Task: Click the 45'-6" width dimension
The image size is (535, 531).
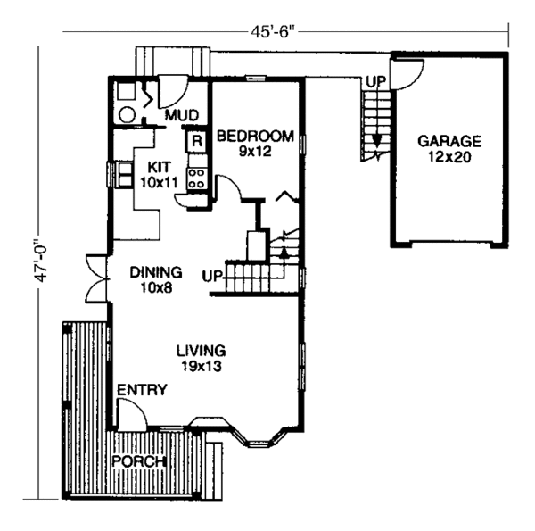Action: [x=274, y=32]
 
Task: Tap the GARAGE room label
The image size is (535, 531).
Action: [x=450, y=141]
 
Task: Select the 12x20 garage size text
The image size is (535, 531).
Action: [x=450, y=157]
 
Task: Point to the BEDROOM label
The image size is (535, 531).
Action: [x=255, y=137]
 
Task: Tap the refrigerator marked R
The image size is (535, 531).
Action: [x=193, y=139]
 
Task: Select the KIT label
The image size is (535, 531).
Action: [x=160, y=167]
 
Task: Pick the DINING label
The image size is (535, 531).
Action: [x=156, y=272]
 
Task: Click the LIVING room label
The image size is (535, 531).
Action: [x=201, y=350]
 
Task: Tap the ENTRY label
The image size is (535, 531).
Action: [x=138, y=390]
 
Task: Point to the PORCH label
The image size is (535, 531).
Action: [x=140, y=461]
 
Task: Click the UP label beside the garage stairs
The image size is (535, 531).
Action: [x=375, y=82]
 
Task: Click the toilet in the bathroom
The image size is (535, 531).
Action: [x=128, y=115]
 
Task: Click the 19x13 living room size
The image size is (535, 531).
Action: [x=201, y=366]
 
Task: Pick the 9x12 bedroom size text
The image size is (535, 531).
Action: [x=254, y=153]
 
